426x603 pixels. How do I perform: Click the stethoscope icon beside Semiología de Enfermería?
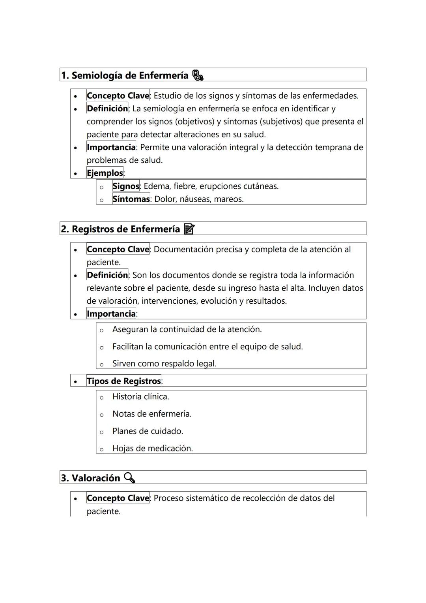(x=198, y=75)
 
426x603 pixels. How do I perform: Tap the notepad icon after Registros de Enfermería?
(x=189, y=229)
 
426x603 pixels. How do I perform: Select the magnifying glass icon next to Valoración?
(x=129, y=478)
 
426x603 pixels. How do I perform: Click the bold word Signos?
(x=126, y=186)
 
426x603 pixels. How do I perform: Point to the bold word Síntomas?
(x=131, y=199)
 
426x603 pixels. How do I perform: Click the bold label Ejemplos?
(x=105, y=173)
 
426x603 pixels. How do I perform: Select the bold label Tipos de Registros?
(x=124, y=381)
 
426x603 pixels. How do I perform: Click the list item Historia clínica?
(x=140, y=396)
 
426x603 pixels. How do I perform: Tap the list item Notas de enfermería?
(x=152, y=414)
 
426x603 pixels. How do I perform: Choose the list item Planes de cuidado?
(x=148, y=431)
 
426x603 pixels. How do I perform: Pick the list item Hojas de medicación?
(x=152, y=449)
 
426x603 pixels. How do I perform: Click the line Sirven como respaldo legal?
(x=164, y=364)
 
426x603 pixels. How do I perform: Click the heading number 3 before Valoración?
(x=64, y=478)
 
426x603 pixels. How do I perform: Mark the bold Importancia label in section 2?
(x=111, y=314)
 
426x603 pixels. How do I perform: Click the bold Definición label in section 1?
(x=107, y=109)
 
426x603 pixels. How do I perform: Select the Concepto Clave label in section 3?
(x=118, y=498)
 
